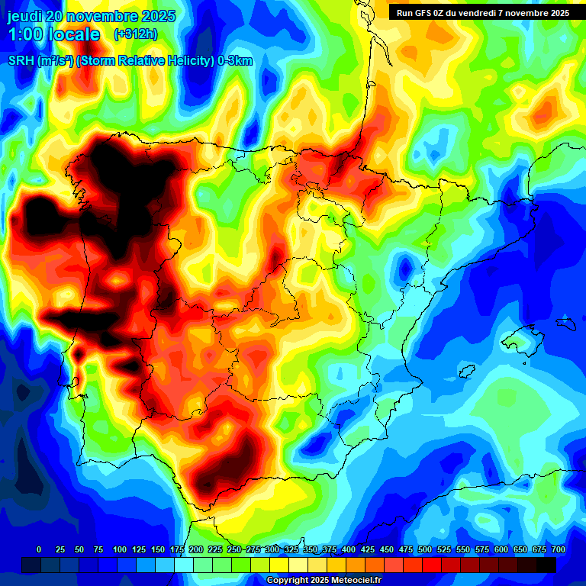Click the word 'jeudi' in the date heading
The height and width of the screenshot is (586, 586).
(x=27, y=16)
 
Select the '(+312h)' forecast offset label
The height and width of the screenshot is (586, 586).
(x=136, y=34)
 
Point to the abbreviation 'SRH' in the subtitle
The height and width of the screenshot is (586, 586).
(x=21, y=61)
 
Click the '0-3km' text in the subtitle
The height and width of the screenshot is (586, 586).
(x=234, y=61)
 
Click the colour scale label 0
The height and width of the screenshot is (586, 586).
(x=39, y=549)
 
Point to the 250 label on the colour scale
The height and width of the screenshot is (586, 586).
(x=234, y=549)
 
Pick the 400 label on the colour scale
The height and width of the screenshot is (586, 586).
(x=349, y=549)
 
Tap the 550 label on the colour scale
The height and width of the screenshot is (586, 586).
(x=463, y=549)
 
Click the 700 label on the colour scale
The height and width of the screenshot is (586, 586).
(x=559, y=549)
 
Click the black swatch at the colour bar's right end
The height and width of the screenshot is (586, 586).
(x=546, y=565)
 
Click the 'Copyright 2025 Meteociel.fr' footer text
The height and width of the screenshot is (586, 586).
(x=324, y=581)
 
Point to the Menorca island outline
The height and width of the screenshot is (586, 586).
(x=565, y=323)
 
